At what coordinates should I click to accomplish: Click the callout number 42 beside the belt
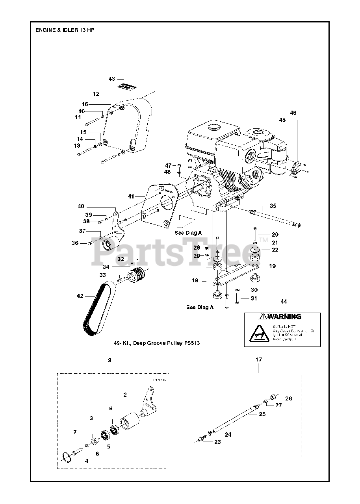(x=80, y=296)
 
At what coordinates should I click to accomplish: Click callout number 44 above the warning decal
(x=284, y=302)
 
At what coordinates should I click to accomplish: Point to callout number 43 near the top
(x=112, y=79)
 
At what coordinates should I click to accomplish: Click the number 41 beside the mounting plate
(x=131, y=196)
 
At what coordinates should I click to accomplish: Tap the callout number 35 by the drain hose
(x=273, y=206)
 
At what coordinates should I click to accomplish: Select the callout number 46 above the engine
(x=293, y=113)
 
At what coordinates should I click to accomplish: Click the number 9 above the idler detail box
(x=109, y=360)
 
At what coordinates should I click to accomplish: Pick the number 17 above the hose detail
(x=258, y=359)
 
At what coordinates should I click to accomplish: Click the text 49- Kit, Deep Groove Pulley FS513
(x=156, y=343)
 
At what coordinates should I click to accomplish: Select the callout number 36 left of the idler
(x=75, y=243)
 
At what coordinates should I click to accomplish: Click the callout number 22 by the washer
(x=275, y=250)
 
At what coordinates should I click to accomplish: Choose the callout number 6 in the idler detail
(x=111, y=409)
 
